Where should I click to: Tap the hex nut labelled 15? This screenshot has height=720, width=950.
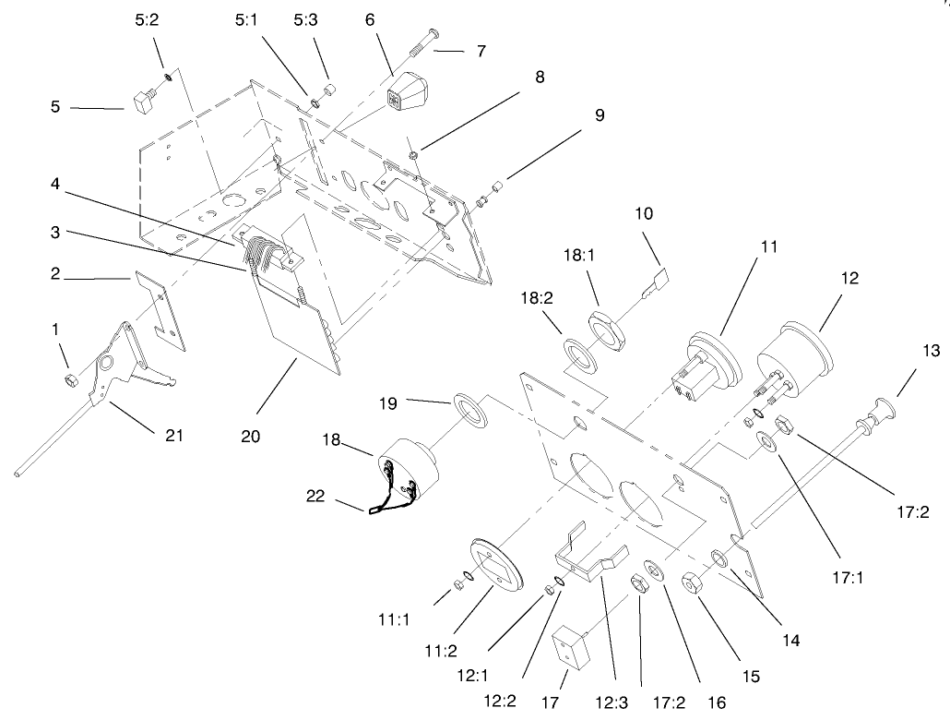point(690,583)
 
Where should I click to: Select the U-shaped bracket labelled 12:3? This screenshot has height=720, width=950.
point(586,554)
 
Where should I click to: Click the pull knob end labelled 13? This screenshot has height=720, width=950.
point(884,411)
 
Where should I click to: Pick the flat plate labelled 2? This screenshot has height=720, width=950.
point(161,309)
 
